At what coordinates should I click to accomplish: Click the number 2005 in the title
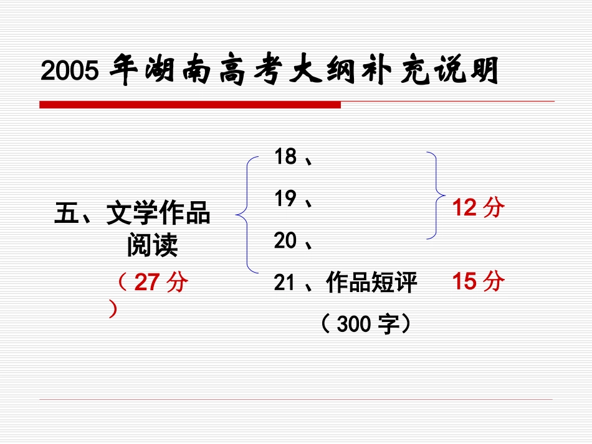pyautogui.click(x=70, y=72)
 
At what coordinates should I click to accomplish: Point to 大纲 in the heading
pyautogui.click(x=328, y=71)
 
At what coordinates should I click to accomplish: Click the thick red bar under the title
pyautogui.click(x=190, y=105)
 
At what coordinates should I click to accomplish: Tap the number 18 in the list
pyautogui.click(x=285, y=157)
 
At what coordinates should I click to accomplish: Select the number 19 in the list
pyautogui.click(x=285, y=199)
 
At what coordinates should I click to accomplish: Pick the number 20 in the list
pyautogui.click(x=285, y=240)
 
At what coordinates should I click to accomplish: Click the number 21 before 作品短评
pyautogui.click(x=284, y=283)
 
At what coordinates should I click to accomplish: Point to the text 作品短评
pyautogui.click(x=371, y=283)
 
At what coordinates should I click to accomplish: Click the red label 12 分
pyautogui.click(x=478, y=208)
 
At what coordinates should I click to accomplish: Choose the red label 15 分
pyautogui.click(x=478, y=281)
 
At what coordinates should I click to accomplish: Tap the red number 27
pyautogui.click(x=148, y=283)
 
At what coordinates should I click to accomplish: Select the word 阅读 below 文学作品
pyautogui.click(x=152, y=246)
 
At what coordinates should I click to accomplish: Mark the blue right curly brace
pyautogui.click(x=436, y=195)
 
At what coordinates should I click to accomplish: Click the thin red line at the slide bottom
pyautogui.click(x=296, y=399)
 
